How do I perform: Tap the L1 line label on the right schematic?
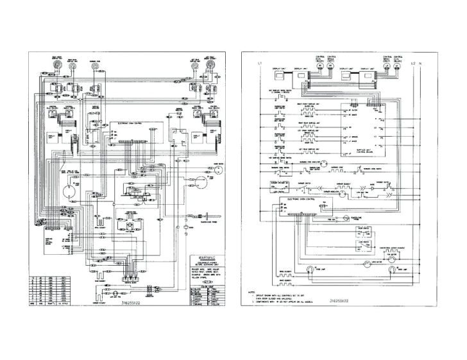pyautogui.click(x=260, y=62)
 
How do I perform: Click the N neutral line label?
pyautogui.click(x=420, y=62)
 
